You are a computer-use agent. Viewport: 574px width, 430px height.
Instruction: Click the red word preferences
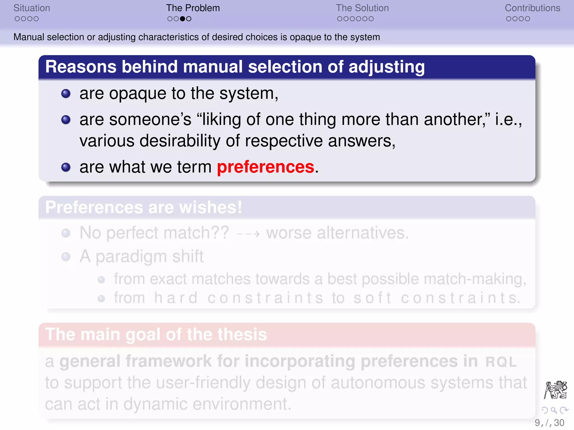point(265,167)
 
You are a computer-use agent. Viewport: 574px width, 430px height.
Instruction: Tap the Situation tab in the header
point(32,8)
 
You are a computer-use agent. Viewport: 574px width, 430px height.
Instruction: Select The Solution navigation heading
point(362,8)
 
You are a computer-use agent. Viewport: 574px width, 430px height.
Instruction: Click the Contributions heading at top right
point(532,8)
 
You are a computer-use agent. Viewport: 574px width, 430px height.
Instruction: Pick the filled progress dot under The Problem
point(182,19)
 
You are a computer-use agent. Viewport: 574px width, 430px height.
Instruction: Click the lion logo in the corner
point(556,390)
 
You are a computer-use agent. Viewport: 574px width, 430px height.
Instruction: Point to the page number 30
point(559,423)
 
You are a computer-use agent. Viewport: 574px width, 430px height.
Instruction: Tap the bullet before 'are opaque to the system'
point(66,94)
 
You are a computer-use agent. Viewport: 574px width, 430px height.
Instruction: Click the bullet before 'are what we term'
point(66,167)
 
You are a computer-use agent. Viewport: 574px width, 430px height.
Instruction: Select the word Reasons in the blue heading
point(81,67)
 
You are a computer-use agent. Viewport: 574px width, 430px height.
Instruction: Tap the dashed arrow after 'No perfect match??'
point(248,233)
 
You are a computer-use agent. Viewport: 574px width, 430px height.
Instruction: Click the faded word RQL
point(501,362)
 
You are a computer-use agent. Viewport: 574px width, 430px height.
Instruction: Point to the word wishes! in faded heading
point(210,207)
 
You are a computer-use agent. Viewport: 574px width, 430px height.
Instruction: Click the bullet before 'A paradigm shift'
point(66,257)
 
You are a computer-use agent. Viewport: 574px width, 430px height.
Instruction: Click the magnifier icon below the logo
point(554,410)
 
